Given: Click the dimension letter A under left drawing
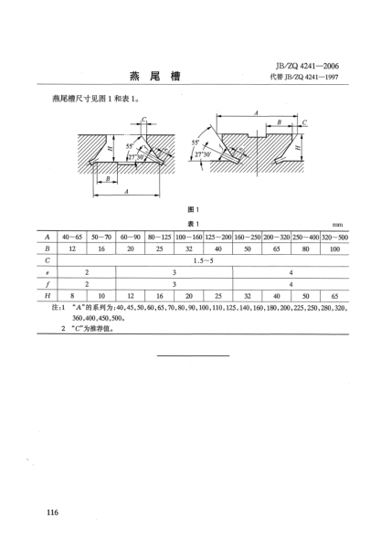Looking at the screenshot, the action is coord(125,192).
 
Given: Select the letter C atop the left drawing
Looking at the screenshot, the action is coord(143,118).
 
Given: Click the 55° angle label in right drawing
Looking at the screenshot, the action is coord(196,143).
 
